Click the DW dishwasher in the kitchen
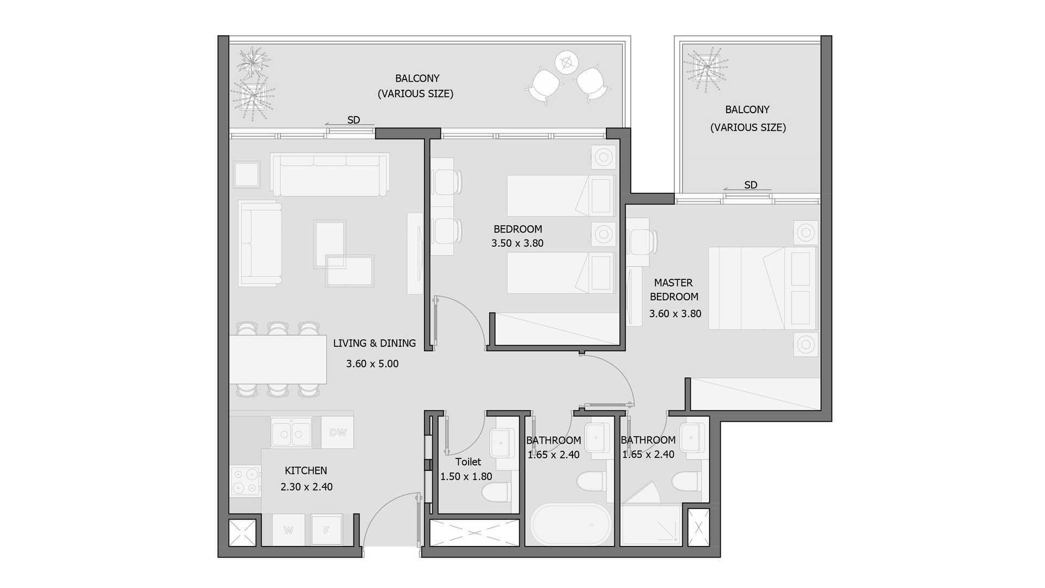pos(337,432)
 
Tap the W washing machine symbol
pos(288,530)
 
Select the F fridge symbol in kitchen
pos(327,530)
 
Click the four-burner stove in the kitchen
pos(245,481)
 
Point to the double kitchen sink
pos(291,433)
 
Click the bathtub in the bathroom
pos(571,524)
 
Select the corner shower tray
pos(651,525)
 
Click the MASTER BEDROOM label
pos(674,290)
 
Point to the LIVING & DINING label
pos(374,343)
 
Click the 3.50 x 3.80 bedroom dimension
pos(518,243)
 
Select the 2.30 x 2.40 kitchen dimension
pos(306,487)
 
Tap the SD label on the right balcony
pos(751,185)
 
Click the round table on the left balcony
pos(566,63)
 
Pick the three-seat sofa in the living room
pos(330,174)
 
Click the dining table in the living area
pos(278,359)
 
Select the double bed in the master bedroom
pos(763,288)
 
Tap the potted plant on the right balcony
pos(706,68)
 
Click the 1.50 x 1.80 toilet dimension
pos(466,476)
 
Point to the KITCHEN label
pos(306,470)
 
